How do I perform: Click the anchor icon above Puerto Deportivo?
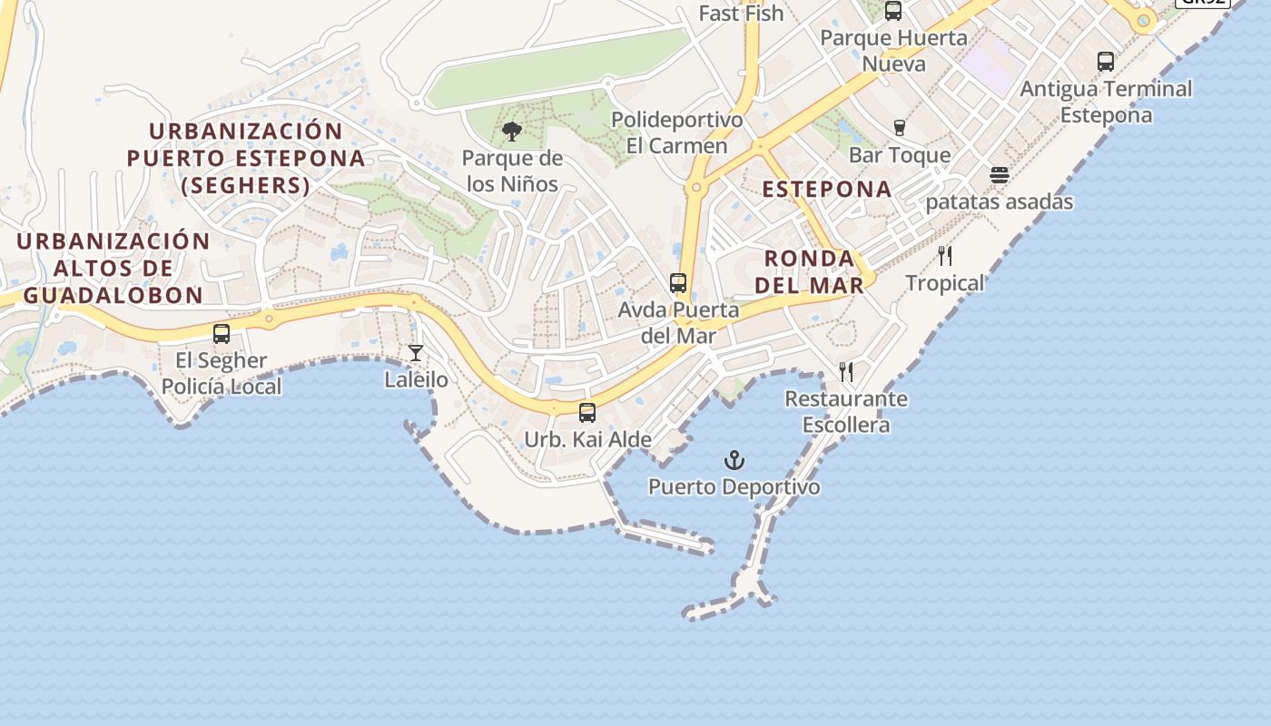734,461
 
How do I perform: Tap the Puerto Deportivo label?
734,487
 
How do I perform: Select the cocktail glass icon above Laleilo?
416,353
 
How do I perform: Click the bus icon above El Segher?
222,334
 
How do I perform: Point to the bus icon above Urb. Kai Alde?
587,413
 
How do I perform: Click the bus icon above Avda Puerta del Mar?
678,283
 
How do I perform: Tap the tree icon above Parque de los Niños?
512,132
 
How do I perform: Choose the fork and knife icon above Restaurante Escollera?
846,371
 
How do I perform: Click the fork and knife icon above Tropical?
945,256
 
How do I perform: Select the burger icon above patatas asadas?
1000,175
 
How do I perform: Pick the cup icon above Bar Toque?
900,128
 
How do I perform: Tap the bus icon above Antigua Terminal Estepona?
1106,62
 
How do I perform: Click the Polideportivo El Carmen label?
676,132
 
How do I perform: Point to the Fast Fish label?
741,14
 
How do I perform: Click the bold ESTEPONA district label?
827,189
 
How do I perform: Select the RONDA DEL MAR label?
809,271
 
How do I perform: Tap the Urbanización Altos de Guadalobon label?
113,268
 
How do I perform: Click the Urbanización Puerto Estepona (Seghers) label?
246,159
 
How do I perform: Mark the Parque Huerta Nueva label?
894,51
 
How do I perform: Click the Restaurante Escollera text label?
846,411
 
